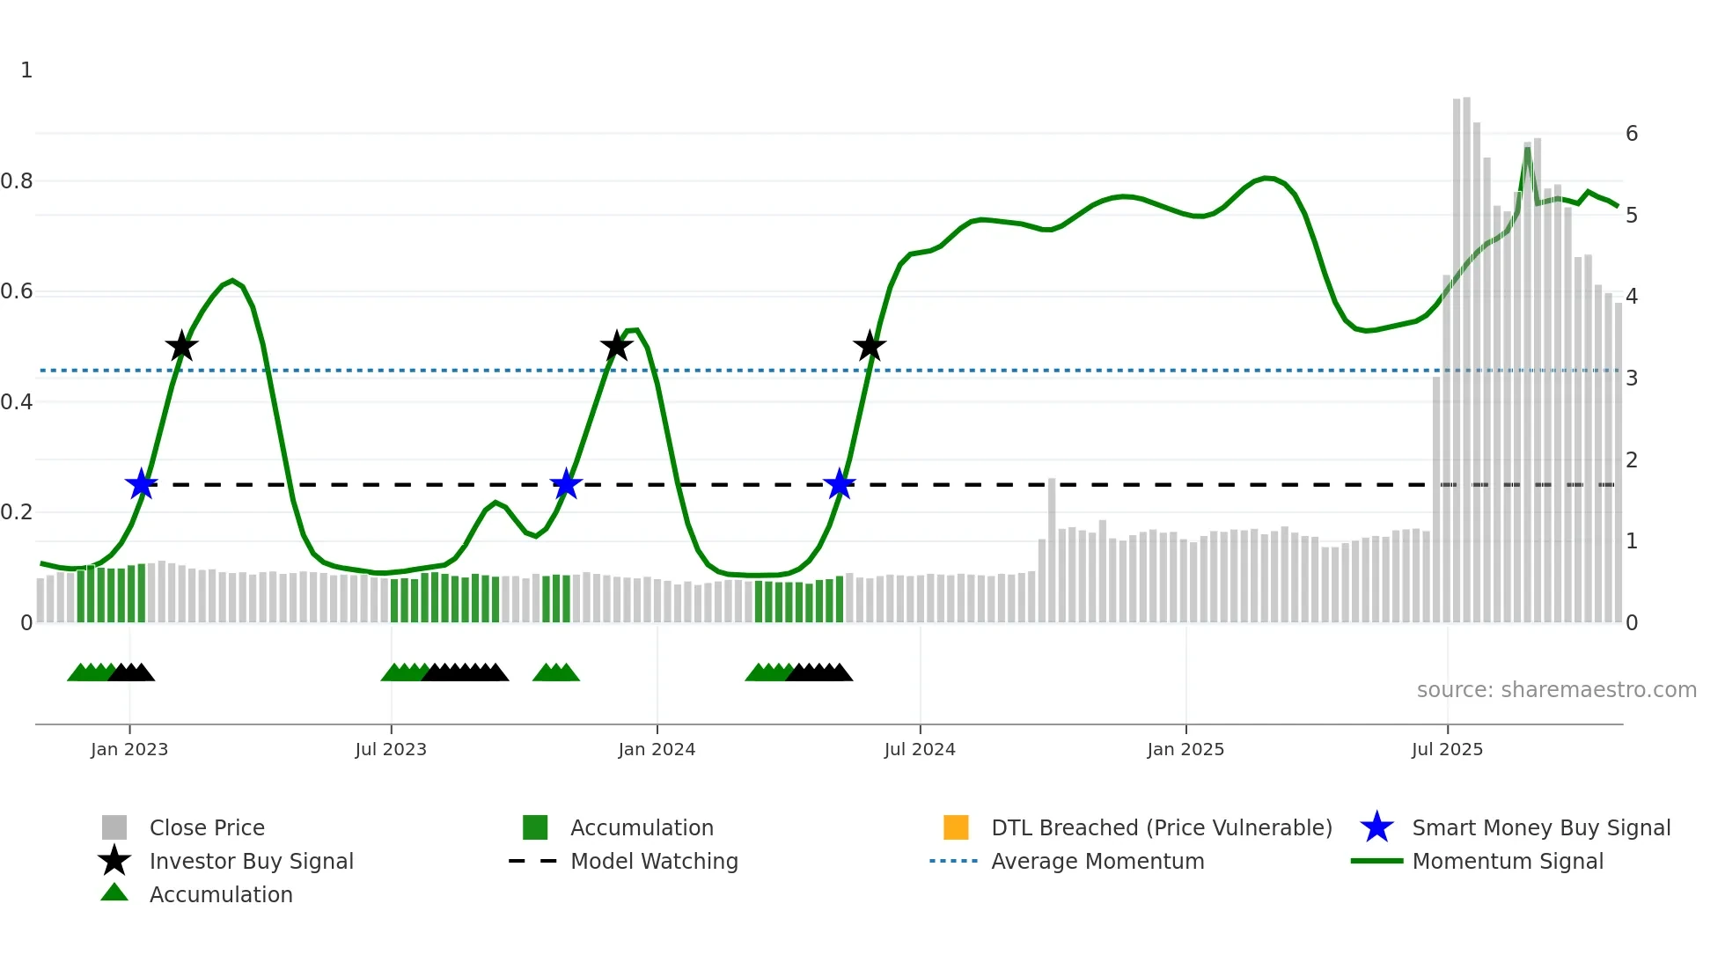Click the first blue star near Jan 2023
pyautogui.click(x=141, y=484)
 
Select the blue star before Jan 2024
pyautogui.click(x=566, y=484)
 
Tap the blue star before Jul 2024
pyautogui.click(x=840, y=484)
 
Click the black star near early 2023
pyautogui.click(x=181, y=346)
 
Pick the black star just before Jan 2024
pyautogui.click(x=616, y=346)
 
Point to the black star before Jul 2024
pyautogui.click(x=870, y=346)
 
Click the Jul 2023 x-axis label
pyautogui.click(x=391, y=749)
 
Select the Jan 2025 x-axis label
pyautogui.click(x=1185, y=749)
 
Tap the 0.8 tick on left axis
pyautogui.click(x=17, y=181)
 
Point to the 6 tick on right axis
pyautogui.click(x=1632, y=134)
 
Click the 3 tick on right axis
pyautogui.click(x=1632, y=378)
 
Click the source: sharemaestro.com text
pyautogui.click(x=1556, y=690)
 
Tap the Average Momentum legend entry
pyautogui.click(x=1097, y=861)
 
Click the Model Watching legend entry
pyautogui.click(x=653, y=861)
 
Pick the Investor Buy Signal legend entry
pyautogui.click(x=251, y=861)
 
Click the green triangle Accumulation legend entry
pyautogui.click(x=220, y=894)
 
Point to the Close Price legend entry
pyautogui.click(x=206, y=827)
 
